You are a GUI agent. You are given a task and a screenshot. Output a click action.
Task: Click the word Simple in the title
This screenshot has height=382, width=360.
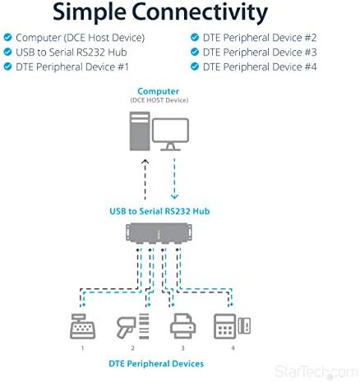[x=90, y=12]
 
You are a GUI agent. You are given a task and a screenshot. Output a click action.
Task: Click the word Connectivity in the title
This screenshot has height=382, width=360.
[x=200, y=12]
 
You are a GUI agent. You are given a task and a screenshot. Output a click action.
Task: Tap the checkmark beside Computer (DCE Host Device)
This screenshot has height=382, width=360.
[x=7, y=37]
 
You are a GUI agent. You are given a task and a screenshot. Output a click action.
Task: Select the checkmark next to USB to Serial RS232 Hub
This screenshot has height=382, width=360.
[x=7, y=52]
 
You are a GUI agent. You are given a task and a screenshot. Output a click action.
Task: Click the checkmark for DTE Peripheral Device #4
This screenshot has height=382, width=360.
[x=195, y=67]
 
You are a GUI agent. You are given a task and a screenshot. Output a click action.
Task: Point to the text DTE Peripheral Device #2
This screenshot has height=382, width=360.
[x=260, y=38]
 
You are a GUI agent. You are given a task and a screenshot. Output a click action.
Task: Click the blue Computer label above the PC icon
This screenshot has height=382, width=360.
[x=159, y=91]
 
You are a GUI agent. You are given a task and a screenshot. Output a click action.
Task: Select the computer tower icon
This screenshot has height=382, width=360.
[x=140, y=131]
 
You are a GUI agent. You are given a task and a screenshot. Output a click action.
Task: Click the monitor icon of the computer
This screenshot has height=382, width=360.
[x=170, y=134]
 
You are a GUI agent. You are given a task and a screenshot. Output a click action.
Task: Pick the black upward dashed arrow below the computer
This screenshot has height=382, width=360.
[x=145, y=180]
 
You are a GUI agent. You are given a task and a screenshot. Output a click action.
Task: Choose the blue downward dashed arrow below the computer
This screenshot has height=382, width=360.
[x=174, y=179]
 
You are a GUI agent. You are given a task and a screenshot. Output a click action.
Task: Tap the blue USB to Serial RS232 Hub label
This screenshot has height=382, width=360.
[x=159, y=211]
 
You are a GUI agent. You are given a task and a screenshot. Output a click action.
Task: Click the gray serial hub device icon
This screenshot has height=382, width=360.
[x=159, y=233]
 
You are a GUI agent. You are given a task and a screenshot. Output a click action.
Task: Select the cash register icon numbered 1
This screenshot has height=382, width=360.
[x=82, y=326]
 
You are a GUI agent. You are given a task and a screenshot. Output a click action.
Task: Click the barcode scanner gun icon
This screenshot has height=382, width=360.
[x=126, y=327]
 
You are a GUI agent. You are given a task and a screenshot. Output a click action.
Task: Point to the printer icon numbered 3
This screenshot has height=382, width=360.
[x=182, y=326]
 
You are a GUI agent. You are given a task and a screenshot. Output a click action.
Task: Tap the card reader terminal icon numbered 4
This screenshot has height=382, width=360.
[x=232, y=326]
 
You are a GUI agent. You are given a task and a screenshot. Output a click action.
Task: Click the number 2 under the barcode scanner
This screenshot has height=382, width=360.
[x=132, y=348]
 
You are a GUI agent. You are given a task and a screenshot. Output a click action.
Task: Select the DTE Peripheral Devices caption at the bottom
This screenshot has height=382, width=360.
[x=156, y=364]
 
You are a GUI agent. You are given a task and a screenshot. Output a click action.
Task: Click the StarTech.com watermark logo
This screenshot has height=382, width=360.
[x=316, y=372]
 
